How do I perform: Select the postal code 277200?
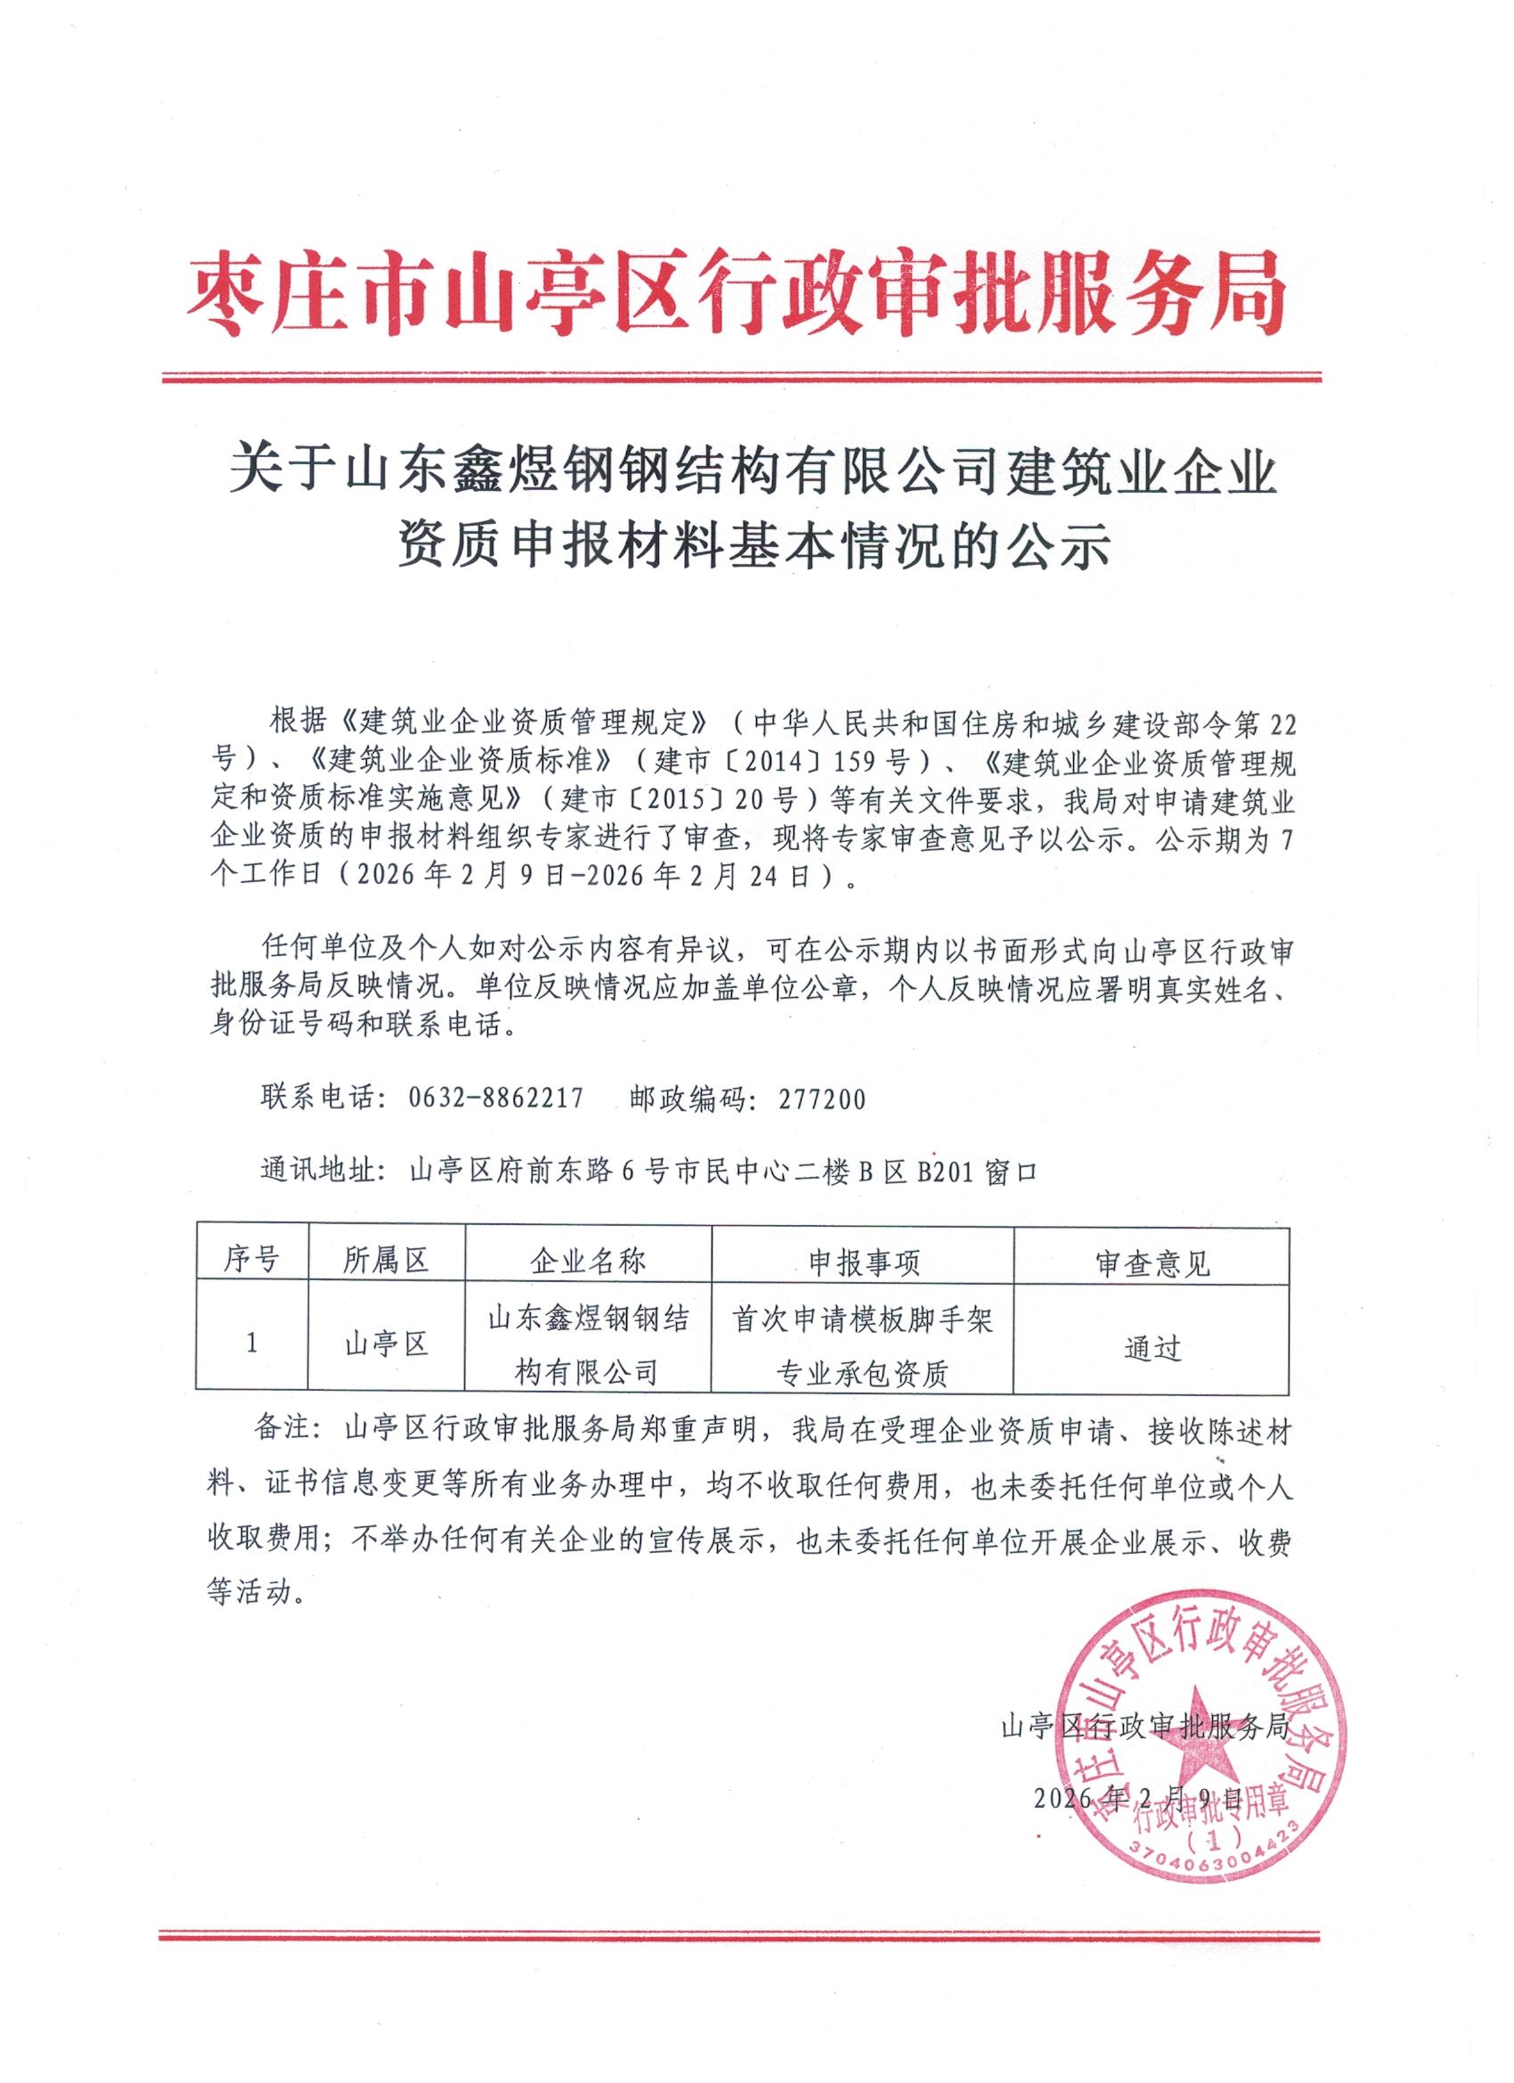click(x=822, y=1099)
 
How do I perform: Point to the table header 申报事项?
click(x=862, y=1262)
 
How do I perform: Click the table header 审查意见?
click(x=1152, y=1263)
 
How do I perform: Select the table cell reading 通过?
click(x=1152, y=1348)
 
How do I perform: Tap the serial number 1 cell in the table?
click(x=251, y=1344)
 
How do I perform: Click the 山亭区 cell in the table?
click(x=387, y=1344)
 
